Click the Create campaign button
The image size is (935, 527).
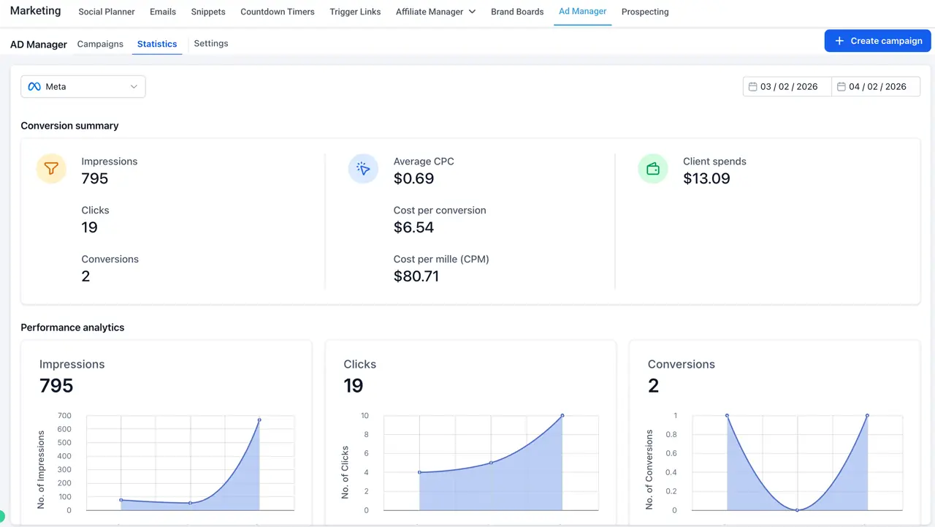tap(877, 41)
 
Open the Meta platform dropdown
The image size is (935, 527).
tap(83, 86)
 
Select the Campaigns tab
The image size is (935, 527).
tap(100, 44)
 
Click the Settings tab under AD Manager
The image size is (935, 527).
tap(211, 43)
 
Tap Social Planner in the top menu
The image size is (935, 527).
tap(107, 12)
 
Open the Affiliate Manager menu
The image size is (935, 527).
tap(435, 12)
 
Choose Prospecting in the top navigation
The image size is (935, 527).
tap(645, 12)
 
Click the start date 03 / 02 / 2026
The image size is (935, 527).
tap(787, 86)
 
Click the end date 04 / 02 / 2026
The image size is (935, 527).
tap(876, 86)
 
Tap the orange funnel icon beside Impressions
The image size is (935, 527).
tap(51, 168)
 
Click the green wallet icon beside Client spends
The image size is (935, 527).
tap(653, 169)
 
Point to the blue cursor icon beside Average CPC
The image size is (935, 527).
tap(363, 169)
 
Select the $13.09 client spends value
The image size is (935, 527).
tap(706, 179)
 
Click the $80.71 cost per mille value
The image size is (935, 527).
tap(416, 276)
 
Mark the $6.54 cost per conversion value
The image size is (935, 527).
tap(413, 227)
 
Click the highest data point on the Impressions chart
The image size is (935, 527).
tap(259, 420)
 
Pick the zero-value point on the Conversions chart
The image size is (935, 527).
tap(797, 510)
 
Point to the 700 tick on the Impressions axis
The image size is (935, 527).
tap(64, 415)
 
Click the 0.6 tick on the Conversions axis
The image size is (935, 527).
tap(671, 453)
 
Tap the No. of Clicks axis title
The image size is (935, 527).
tap(345, 472)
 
